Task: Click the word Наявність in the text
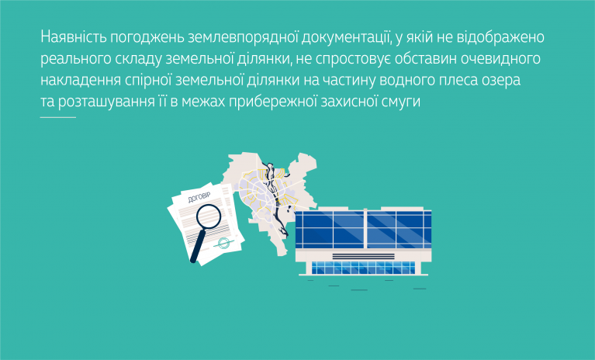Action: pyautogui.click(x=74, y=36)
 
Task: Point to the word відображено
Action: pyautogui.click(x=500, y=37)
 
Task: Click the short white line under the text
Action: pyautogui.click(x=58, y=117)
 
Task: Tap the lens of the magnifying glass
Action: pyautogui.click(x=209, y=216)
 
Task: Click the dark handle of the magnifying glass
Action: pyautogui.click(x=197, y=246)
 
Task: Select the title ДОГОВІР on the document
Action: pyautogui.click(x=199, y=198)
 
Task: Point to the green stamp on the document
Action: pyautogui.click(x=224, y=243)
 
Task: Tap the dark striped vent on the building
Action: pyautogui.click(x=363, y=257)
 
